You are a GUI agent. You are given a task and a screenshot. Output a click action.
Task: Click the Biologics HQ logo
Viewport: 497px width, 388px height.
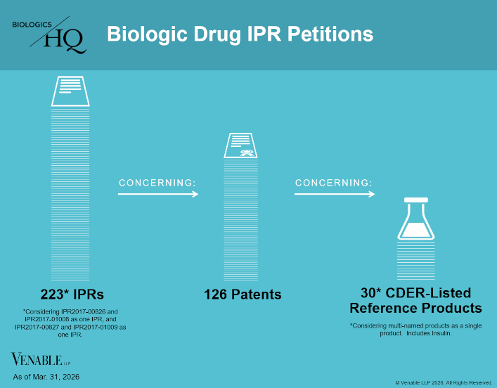click(49, 36)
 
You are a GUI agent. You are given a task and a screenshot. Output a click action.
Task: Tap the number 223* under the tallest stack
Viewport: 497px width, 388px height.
click(54, 294)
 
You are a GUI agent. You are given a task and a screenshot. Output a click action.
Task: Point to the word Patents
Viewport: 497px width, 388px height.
click(257, 295)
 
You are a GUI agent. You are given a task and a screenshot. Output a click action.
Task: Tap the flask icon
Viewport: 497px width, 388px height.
click(416, 219)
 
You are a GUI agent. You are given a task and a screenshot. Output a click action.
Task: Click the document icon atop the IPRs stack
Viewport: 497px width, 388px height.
click(70, 91)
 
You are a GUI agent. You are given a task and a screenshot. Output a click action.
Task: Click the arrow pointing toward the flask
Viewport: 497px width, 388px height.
click(335, 195)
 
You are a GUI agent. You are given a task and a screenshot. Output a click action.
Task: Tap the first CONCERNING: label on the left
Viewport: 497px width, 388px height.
click(156, 183)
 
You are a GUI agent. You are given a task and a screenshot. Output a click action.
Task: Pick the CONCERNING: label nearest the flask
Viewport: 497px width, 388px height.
click(333, 183)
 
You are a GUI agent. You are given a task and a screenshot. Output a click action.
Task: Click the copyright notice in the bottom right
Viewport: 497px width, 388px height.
click(443, 382)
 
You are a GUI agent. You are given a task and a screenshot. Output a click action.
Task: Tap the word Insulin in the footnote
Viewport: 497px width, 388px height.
click(437, 333)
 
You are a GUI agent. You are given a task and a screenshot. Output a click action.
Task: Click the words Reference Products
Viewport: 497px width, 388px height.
click(416, 309)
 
